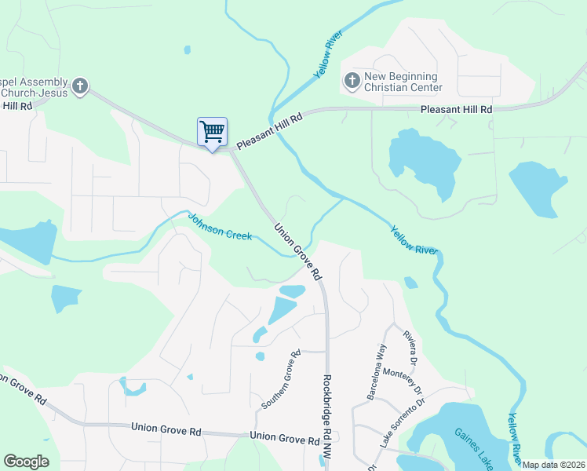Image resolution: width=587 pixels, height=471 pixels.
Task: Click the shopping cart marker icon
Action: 212,132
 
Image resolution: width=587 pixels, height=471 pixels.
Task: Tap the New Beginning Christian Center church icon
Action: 351,80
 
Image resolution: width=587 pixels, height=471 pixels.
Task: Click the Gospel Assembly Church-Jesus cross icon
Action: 80,86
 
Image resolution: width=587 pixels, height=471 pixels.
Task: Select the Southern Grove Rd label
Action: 281,379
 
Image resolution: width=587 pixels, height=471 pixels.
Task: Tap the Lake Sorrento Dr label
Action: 402,424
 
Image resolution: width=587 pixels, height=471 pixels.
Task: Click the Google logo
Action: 27,462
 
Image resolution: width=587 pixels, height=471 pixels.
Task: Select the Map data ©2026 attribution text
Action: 554,465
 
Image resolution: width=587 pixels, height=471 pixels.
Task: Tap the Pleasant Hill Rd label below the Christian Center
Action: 456,110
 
